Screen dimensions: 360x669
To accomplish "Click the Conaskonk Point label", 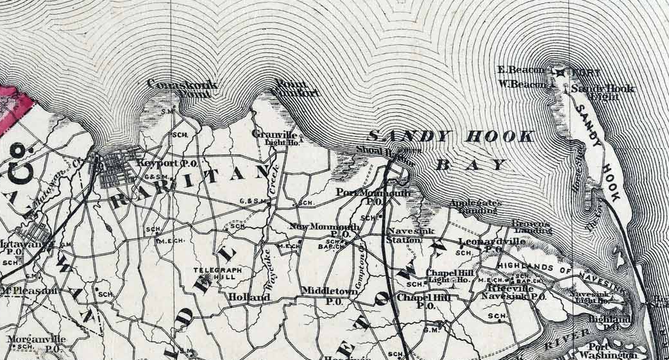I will coord(182,88).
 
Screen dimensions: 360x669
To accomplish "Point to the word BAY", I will coord(471,164).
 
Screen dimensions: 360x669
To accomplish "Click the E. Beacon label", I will coord(521,69).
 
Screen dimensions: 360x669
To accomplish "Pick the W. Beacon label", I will coord(523,84).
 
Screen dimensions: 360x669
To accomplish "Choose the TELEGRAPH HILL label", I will coord(218,275).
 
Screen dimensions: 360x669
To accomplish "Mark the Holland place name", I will coord(249,298).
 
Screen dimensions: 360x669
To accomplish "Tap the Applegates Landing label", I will coord(475,206).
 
